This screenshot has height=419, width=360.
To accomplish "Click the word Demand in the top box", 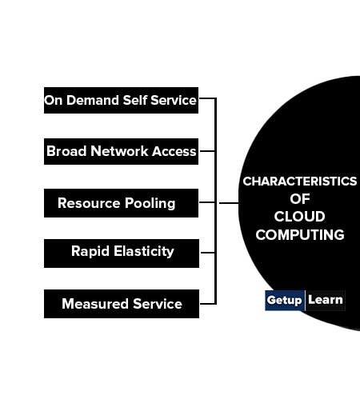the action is (93, 100).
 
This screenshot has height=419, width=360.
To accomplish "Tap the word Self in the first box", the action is (135, 100).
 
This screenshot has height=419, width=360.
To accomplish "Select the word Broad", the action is (67, 151).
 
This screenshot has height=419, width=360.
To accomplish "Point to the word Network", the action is (119, 151).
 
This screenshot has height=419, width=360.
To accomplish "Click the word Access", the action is (174, 151).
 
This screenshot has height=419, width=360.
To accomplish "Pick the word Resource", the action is (89, 203).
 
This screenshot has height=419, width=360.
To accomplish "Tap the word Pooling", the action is (150, 204).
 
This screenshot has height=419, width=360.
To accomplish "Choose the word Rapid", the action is (90, 252).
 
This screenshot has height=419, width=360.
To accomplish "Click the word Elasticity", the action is (144, 252).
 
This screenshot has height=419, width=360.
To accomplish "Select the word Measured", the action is (95, 304).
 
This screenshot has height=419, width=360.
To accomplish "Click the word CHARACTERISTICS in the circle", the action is (299, 182).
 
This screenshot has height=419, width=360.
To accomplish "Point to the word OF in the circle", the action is (300, 199).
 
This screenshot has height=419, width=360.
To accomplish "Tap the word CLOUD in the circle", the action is (299, 217).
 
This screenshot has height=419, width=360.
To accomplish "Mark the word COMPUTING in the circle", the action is (300, 235).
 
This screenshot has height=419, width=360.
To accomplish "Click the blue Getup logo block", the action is (285, 301).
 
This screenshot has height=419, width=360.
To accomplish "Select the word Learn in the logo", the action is (326, 300).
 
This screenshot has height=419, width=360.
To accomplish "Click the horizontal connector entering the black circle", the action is (229, 203).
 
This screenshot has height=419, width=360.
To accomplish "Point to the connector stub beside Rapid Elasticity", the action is (208, 253).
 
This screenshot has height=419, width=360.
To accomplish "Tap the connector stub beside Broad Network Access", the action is (207, 151).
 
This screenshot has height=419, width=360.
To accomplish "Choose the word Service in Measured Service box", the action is (158, 304).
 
